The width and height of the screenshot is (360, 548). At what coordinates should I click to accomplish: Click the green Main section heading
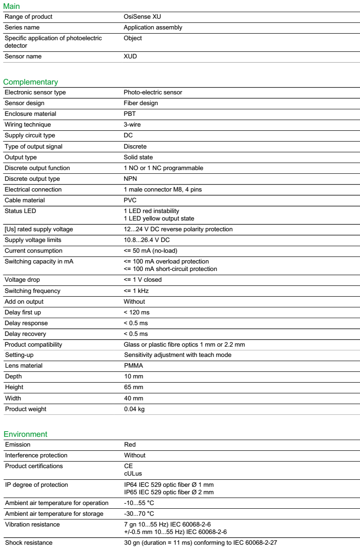point(11,7)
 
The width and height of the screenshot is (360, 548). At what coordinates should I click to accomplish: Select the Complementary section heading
point(31,82)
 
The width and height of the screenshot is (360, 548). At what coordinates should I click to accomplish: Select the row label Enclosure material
point(30,114)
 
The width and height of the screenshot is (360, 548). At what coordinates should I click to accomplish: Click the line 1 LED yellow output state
point(159,218)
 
